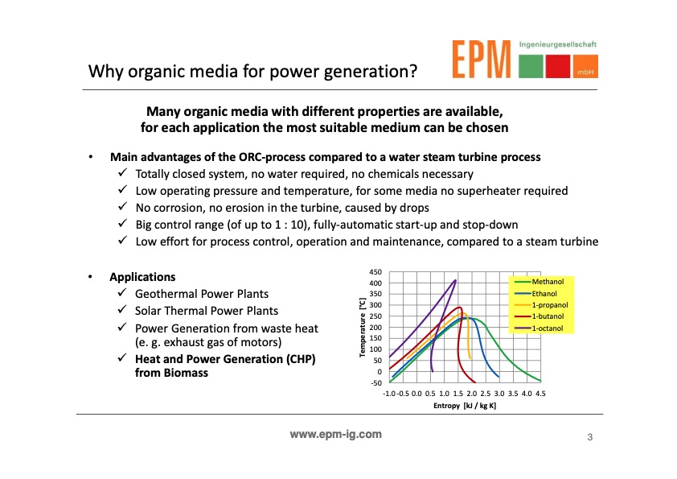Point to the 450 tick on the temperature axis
coord(376,272)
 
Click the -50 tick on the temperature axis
coord(376,382)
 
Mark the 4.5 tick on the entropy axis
coord(540,394)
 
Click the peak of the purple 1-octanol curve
coord(456,280)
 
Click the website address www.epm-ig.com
coord(335,435)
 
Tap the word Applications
coord(142,277)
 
